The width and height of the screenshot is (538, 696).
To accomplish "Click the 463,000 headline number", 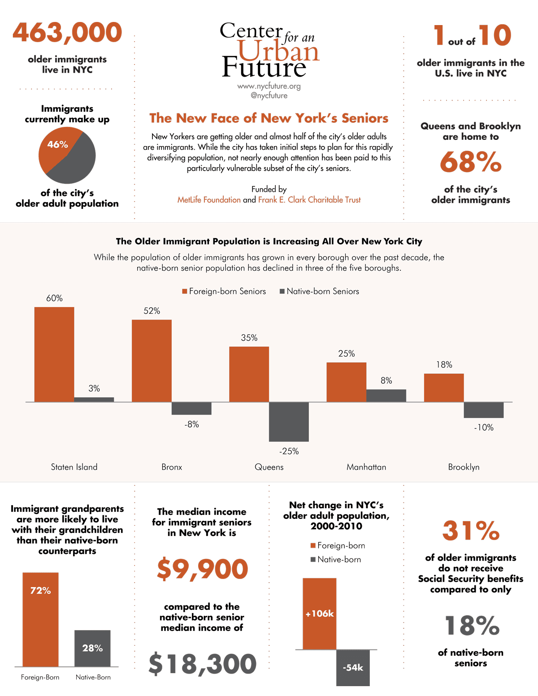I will [x=67, y=33].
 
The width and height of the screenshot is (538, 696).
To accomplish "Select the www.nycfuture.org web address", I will [x=269, y=86].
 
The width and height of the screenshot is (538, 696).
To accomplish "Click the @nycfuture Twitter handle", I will [x=269, y=95].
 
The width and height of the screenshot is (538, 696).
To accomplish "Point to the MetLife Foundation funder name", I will [x=209, y=200].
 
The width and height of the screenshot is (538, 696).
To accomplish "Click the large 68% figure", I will [x=470, y=162].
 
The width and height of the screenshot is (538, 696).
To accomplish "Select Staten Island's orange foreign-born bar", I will [x=54, y=354].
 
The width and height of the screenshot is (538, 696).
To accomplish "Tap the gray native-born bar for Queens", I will [x=289, y=421].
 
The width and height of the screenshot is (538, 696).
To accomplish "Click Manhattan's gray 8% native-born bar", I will [x=386, y=395].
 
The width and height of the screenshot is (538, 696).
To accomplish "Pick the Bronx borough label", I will [x=172, y=467].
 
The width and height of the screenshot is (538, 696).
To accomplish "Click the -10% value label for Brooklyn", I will [x=484, y=428].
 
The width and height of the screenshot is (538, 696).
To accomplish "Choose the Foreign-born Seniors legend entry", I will [x=224, y=291].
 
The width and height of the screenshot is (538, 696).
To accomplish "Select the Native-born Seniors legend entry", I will [x=319, y=291].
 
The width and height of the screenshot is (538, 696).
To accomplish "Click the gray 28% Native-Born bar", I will [x=92, y=648].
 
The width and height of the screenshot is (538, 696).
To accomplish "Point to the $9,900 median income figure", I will [x=202, y=569].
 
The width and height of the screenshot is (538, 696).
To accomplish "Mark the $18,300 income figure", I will [x=202, y=664].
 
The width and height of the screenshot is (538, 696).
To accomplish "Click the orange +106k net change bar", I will [x=319, y=614].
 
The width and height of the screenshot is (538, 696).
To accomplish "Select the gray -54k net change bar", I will [x=353, y=667].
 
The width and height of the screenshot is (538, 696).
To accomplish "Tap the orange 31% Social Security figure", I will [x=471, y=531].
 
